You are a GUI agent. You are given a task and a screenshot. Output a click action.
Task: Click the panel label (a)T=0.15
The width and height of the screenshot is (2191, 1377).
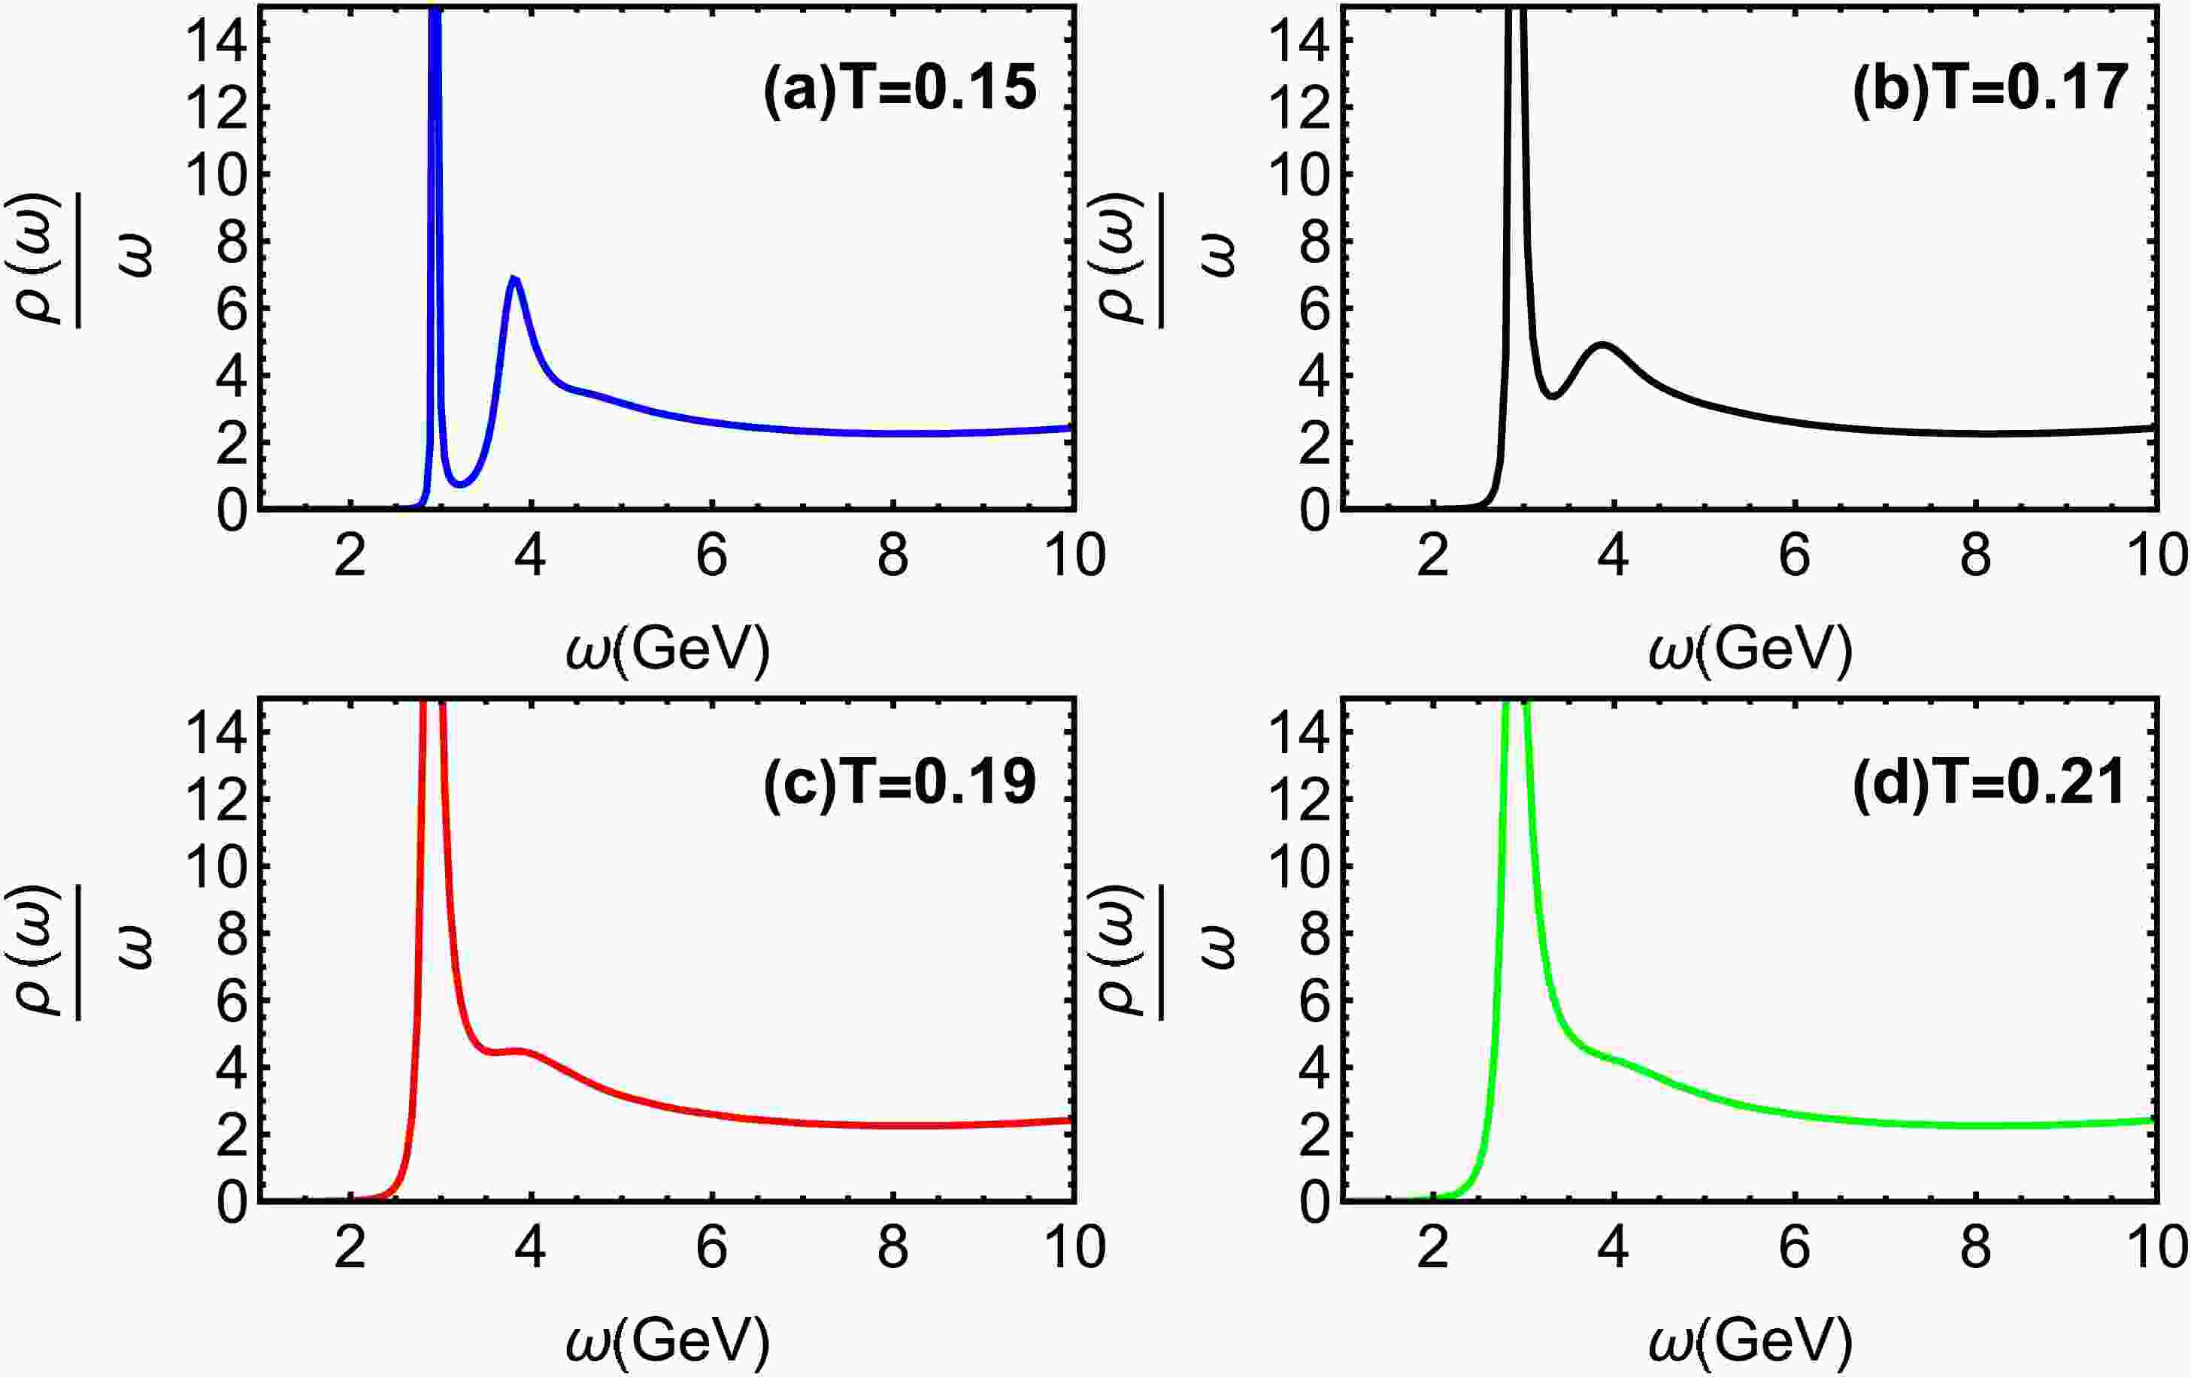[899, 90]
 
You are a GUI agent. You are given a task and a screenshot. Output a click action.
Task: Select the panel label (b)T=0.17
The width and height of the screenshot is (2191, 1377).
[1989, 90]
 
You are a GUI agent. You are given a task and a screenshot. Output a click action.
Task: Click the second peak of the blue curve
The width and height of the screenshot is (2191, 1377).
[514, 277]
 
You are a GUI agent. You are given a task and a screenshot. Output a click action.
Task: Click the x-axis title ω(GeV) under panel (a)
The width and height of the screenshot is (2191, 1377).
[667, 649]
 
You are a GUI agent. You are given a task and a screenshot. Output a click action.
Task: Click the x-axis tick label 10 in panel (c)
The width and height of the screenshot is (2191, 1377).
[1074, 1247]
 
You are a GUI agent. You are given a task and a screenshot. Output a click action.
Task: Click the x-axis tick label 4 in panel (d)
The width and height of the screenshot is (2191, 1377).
[1614, 1247]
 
